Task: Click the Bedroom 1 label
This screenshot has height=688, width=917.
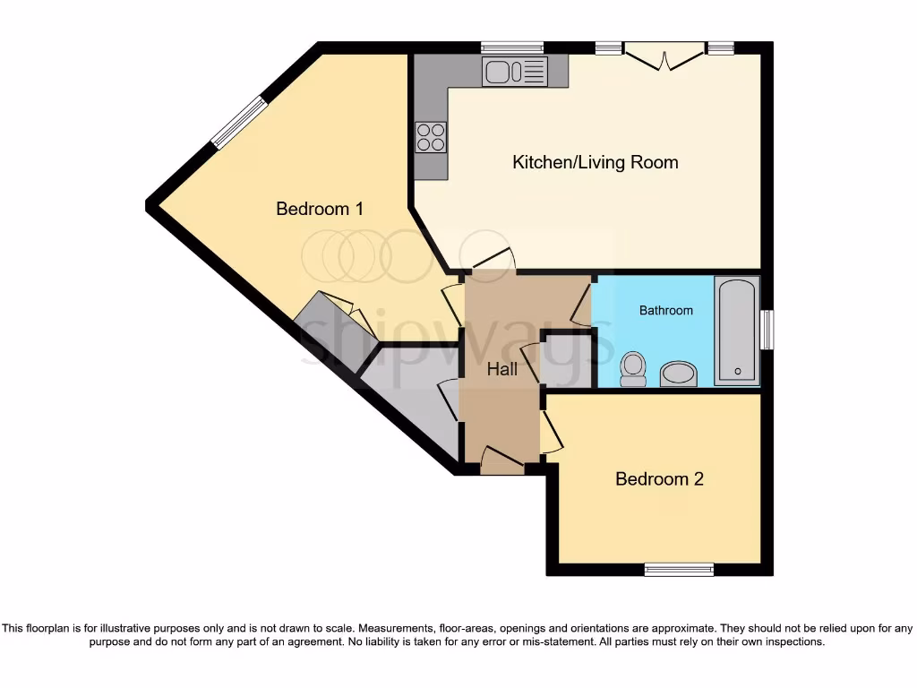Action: [319, 209]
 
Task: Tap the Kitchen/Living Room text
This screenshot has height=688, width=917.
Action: [595, 162]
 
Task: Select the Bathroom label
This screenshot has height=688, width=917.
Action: [665, 311]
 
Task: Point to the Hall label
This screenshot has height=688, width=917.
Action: [501, 368]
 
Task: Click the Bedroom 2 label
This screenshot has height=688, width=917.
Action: [659, 478]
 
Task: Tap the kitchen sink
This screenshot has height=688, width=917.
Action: [514, 71]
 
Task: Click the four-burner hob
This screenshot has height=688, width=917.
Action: [431, 137]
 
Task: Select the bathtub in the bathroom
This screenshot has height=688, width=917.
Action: [737, 331]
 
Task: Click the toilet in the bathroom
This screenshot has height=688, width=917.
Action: [633, 368]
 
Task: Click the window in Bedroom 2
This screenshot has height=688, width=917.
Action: [679, 569]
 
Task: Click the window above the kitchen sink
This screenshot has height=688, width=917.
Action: [511, 47]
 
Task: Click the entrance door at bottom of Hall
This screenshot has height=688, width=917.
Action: [501, 460]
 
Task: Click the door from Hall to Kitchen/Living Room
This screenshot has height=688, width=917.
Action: [493, 260]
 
